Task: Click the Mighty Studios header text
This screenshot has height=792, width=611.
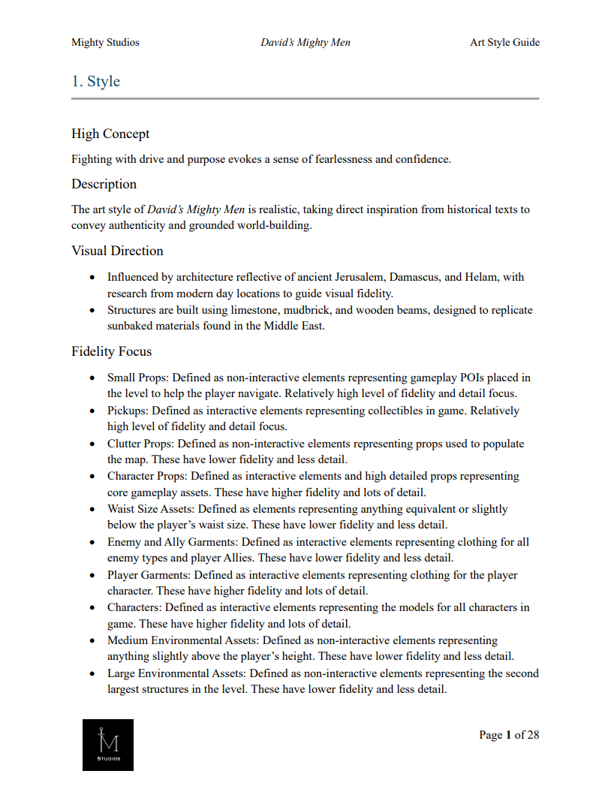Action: tap(105, 42)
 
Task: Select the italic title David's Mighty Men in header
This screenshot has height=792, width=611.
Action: tap(305, 42)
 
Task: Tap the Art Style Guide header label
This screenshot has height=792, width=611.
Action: tap(504, 42)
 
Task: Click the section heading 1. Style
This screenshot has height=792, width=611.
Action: tap(95, 81)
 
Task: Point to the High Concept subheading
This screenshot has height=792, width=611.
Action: tap(110, 134)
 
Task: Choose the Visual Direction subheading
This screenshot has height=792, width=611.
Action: tap(117, 251)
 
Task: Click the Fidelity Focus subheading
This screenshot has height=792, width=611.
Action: tap(111, 351)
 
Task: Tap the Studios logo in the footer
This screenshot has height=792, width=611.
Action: tap(108, 745)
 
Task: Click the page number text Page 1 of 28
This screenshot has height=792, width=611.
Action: tap(509, 735)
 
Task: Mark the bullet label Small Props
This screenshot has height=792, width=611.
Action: tap(137, 378)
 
